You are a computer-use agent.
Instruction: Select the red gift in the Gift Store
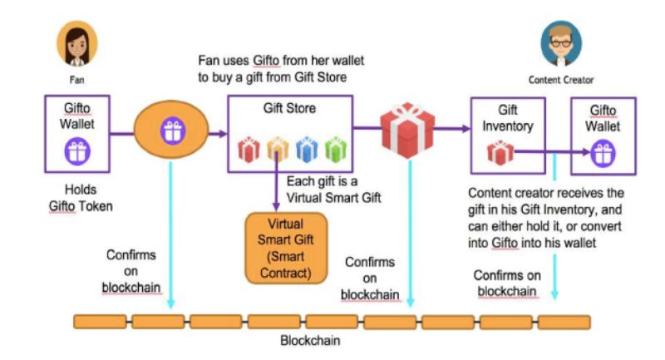(249, 150)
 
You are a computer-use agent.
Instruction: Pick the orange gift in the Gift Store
(277, 150)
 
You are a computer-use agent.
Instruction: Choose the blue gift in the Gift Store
(306, 150)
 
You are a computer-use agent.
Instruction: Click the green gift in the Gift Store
(333, 150)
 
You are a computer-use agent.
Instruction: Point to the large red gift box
(407, 130)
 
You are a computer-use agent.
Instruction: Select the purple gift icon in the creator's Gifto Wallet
(602, 152)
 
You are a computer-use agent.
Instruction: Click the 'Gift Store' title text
(288, 109)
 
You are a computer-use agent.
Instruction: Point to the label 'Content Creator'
(561, 80)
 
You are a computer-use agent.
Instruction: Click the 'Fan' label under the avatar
(76, 81)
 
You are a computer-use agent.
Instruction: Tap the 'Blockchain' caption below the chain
(309, 341)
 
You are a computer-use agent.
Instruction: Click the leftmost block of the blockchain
(100, 321)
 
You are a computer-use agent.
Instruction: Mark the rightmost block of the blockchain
(564, 321)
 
